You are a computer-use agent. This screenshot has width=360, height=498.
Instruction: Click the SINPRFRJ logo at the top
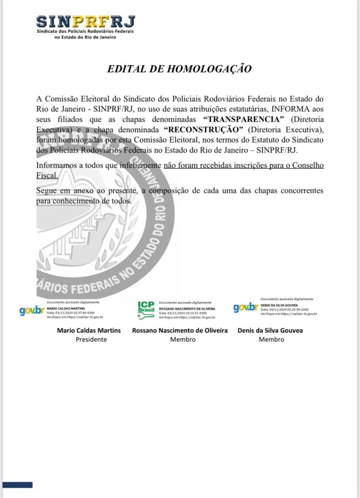pos(85,27)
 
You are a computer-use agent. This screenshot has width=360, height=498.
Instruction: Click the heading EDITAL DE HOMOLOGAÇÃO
pos(180,69)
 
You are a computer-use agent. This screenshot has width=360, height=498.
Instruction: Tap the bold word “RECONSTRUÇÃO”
pos(203,129)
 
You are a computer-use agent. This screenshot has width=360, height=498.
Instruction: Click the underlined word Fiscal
pos(48,175)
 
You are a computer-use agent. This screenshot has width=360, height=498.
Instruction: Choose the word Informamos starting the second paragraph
pos(58,166)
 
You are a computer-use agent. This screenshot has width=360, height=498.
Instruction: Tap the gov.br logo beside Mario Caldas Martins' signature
pos(32,310)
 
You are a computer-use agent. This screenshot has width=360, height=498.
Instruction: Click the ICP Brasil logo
pos(146,309)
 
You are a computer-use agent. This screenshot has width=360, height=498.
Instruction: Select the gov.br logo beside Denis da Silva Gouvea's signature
pos(246,307)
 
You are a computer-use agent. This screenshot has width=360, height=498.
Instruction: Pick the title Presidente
pos(91,339)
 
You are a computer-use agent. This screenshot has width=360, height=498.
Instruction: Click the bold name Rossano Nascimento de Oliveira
pos(180,331)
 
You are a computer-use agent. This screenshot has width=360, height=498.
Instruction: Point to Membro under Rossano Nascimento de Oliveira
pos(183,339)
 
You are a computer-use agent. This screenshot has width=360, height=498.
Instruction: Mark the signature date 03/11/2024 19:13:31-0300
pos(183,313)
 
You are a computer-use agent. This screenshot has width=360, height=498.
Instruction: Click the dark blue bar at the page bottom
pos(18,485)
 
